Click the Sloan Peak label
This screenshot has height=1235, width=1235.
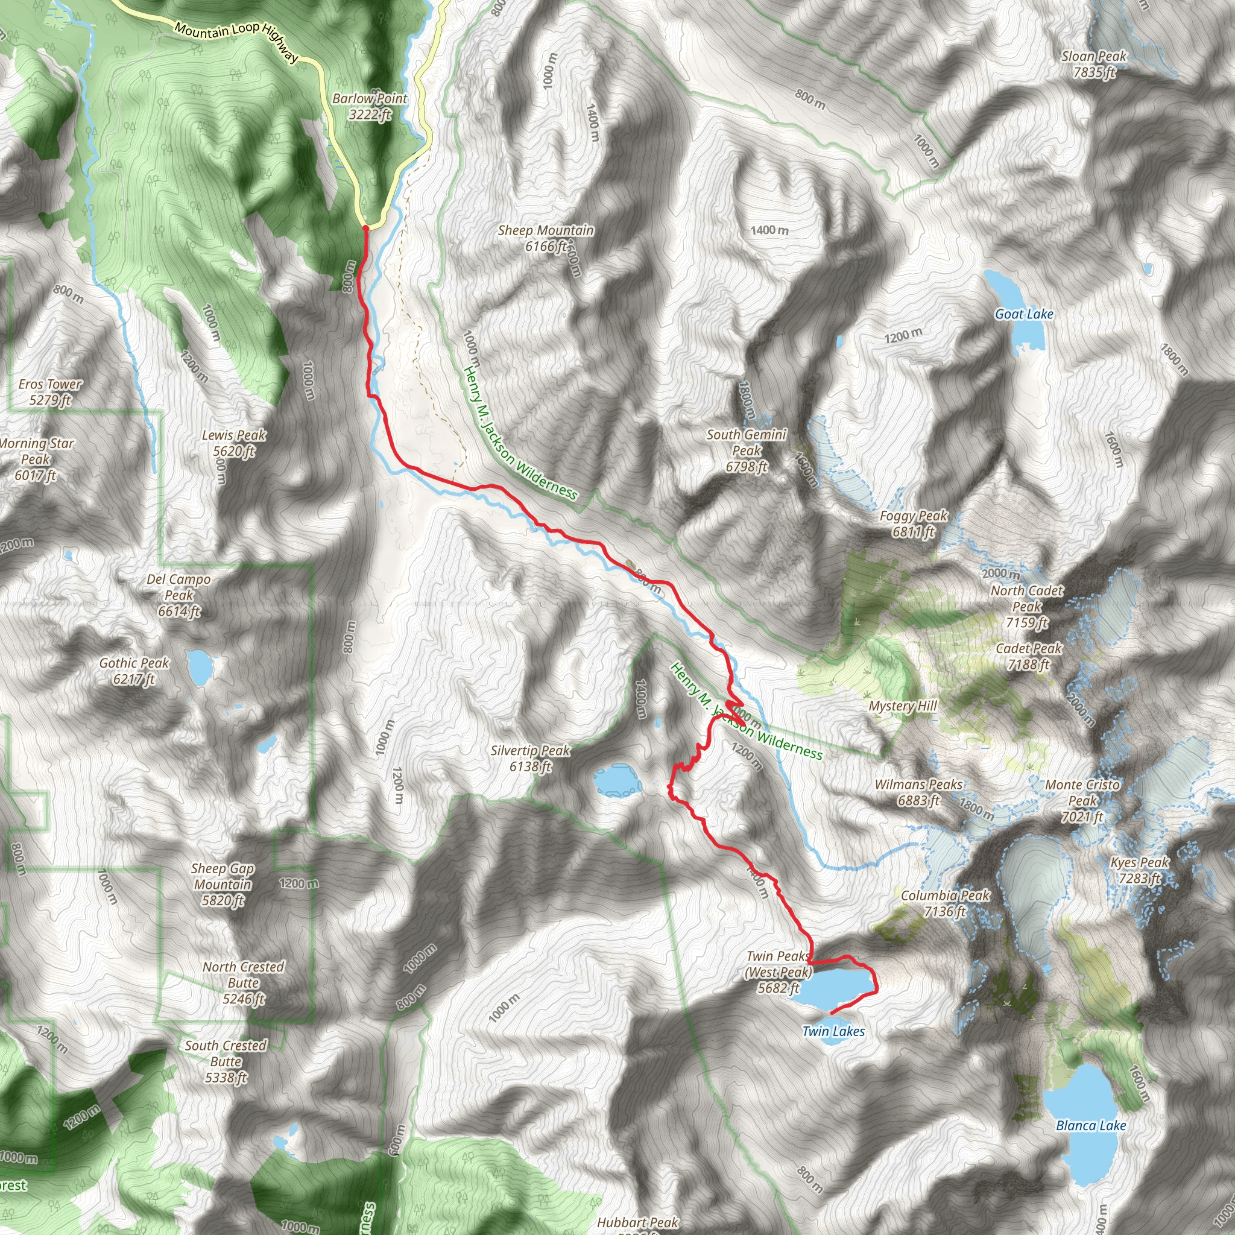point(1094,65)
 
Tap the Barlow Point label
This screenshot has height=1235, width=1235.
point(370,107)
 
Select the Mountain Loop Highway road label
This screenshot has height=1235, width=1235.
point(236,42)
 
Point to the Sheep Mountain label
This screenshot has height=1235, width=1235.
point(546,238)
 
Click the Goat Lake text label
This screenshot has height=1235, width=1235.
point(1024,314)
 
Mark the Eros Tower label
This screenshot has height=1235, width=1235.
point(50,392)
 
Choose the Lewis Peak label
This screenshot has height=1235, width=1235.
point(234,443)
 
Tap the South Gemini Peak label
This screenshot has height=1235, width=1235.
point(746,450)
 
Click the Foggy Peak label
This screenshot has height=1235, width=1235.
point(914,523)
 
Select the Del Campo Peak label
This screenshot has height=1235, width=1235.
point(179,595)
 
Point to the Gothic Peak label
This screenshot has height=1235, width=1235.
point(134,671)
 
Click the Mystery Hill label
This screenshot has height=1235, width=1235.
point(903,706)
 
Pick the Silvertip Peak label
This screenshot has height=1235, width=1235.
point(530,758)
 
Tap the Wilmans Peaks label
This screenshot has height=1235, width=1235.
point(918,792)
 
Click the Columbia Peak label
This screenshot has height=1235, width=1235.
point(945,903)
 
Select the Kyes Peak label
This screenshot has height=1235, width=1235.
point(1140,870)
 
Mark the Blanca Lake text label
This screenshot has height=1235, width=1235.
point(1091,1125)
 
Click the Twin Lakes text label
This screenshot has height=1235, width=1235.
point(833,1031)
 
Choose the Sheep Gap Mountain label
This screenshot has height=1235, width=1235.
point(223,884)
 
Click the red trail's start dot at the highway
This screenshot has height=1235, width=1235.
point(365,227)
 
